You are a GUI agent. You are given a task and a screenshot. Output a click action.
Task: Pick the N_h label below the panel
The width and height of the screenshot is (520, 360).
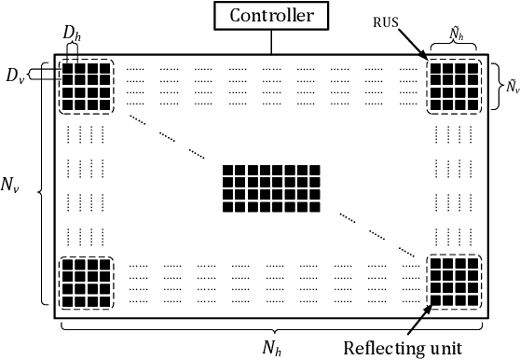click(271, 345)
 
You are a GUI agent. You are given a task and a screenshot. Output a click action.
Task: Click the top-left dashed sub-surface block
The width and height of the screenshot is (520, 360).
click(85, 87)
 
